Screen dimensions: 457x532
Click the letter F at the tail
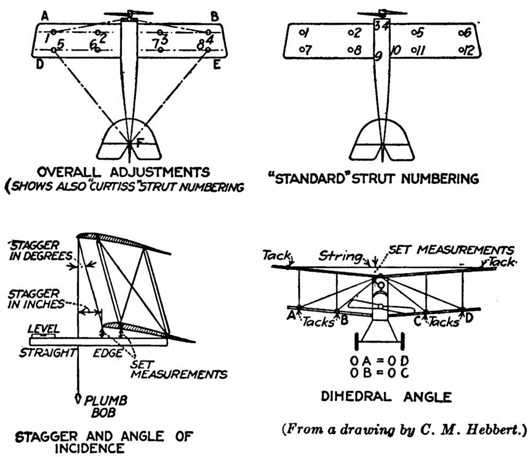[x=139, y=143]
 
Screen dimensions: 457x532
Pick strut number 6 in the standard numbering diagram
[x=465, y=33]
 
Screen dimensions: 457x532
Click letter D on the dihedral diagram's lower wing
[x=469, y=318]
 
